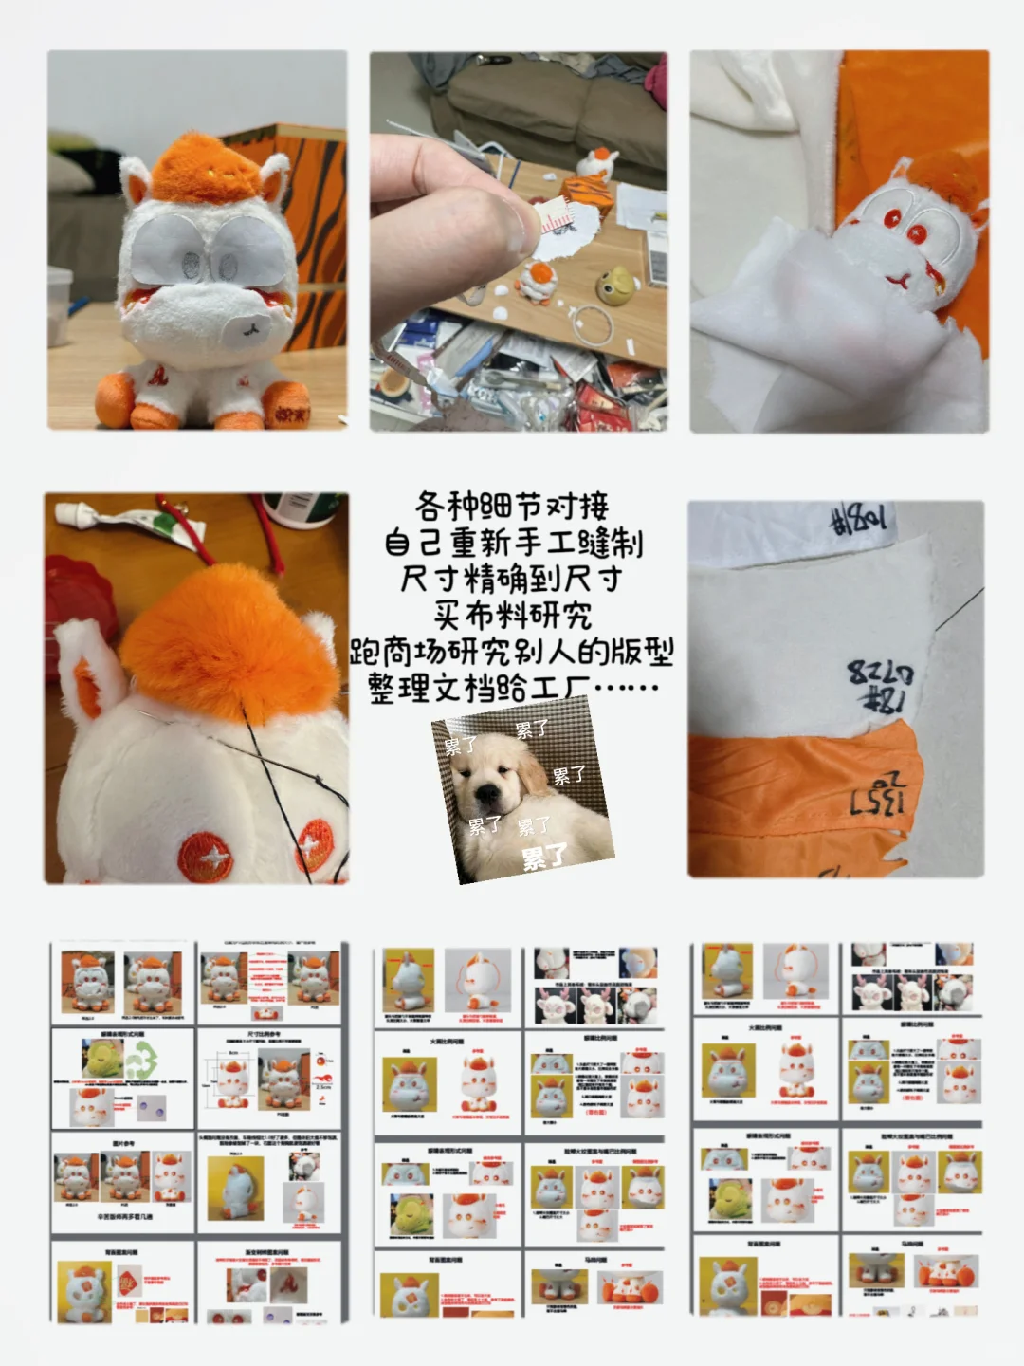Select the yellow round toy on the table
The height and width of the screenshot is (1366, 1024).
tap(614, 286)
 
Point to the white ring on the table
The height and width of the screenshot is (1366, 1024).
tap(594, 327)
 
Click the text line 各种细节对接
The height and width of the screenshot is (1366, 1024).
tap(512, 506)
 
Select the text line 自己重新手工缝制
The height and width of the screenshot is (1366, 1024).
tap(512, 543)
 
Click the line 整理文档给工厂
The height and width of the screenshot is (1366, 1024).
tap(512, 688)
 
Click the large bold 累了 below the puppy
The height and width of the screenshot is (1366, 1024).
tap(544, 858)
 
